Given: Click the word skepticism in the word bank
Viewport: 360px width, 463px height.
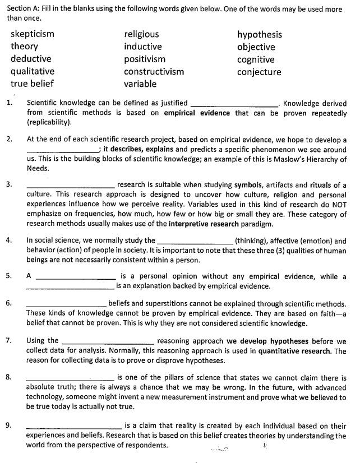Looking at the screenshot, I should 33,34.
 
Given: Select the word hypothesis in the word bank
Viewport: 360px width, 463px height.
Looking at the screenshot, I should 259,35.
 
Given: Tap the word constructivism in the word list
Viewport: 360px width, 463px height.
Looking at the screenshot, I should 154,72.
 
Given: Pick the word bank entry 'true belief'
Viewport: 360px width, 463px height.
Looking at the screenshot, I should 32,84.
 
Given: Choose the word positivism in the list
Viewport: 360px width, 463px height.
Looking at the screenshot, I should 145,59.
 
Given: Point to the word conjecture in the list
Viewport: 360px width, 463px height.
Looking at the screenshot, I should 259,72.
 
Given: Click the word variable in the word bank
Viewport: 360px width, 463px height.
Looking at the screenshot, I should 140,84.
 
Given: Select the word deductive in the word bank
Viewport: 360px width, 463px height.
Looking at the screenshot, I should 31,59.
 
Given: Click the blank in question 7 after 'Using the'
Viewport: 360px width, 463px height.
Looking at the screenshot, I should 108,342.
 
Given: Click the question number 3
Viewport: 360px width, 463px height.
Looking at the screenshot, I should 8,184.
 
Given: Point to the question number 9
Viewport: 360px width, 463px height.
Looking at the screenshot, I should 8,425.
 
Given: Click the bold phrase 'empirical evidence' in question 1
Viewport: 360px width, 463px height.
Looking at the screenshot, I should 197,113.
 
